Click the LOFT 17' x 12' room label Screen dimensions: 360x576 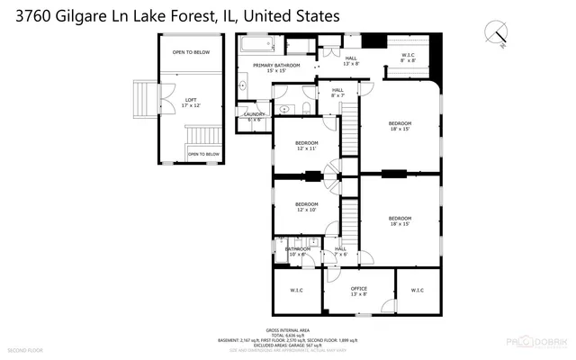[x=191, y=103]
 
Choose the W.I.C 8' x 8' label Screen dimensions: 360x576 [x=408, y=58]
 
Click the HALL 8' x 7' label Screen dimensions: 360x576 [x=338, y=92]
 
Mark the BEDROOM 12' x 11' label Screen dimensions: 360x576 [x=306, y=147]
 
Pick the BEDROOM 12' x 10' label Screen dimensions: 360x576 [x=306, y=207]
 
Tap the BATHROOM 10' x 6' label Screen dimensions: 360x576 [x=297, y=251]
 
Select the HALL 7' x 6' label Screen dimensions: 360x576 [x=340, y=251]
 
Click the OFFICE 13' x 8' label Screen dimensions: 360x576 [x=358, y=291]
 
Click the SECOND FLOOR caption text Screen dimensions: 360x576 [x=24, y=348]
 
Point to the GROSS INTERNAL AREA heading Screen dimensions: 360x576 [x=288, y=329]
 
